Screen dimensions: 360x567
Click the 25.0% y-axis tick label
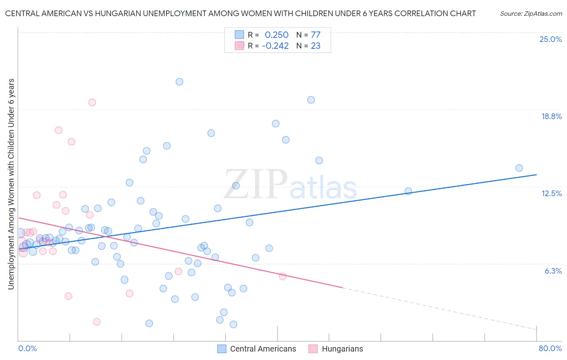(x=550, y=39)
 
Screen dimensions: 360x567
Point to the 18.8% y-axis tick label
(x=551, y=116)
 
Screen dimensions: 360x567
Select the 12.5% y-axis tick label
(x=551, y=193)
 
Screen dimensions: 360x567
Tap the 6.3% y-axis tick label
(x=553, y=271)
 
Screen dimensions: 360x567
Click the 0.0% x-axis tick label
(x=27, y=348)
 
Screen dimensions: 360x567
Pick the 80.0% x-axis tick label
(x=550, y=348)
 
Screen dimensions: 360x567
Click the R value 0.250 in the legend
(x=277, y=35)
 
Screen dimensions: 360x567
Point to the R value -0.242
(x=275, y=46)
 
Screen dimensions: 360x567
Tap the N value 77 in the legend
(x=315, y=35)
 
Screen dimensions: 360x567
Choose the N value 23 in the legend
(x=315, y=46)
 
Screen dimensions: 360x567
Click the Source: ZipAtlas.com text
(x=531, y=13)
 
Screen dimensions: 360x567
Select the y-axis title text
(x=11, y=184)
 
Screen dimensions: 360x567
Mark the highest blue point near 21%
(x=179, y=82)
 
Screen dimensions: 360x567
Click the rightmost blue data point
(x=519, y=168)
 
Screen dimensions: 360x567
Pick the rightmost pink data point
(x=283, y=276)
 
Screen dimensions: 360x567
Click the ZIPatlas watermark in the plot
(x=290, y=185)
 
